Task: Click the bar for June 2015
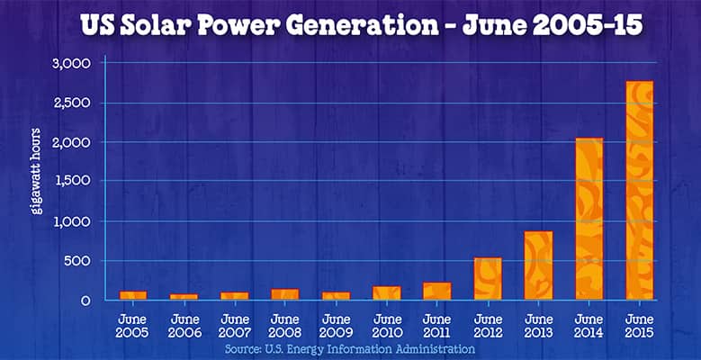639,190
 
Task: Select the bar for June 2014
589,219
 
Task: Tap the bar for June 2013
538,265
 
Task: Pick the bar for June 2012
488,278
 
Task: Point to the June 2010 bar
386,292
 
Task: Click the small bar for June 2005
133,294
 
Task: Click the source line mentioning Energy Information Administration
350,348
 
